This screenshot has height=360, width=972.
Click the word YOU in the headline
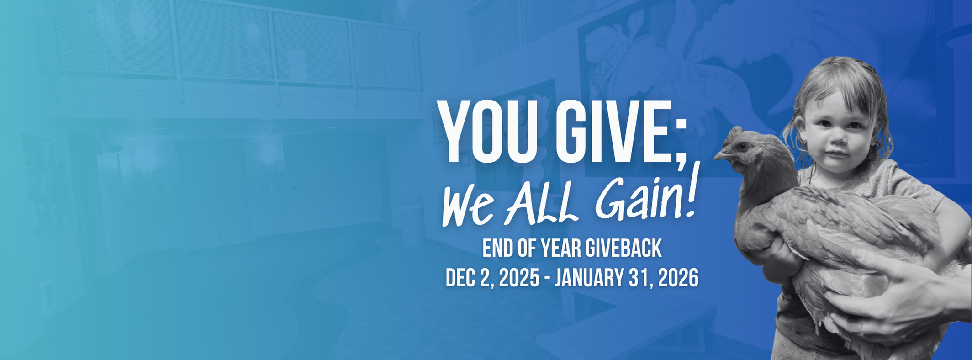[x=491, y=131]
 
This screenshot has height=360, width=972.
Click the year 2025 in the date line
[x=519, y=278]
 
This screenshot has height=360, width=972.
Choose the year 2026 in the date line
[x=678, y=278]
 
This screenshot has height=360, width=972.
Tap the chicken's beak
[x=719, y=155]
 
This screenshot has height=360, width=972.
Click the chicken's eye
[x=741, y=146]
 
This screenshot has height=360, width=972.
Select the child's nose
[x=837, y=137]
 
